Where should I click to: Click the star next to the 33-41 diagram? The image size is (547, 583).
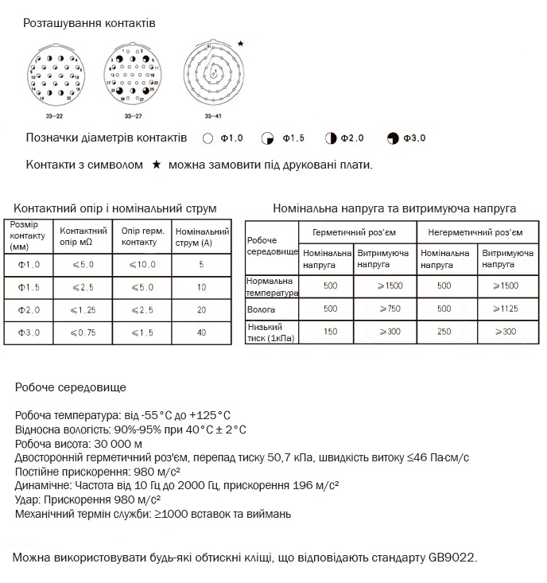[241, 44]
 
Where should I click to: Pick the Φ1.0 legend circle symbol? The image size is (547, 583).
[208, 138]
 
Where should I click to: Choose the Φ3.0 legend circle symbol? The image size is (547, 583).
[392, 138]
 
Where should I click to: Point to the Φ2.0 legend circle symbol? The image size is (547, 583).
[330, 138]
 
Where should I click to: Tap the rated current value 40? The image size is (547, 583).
[201, 332]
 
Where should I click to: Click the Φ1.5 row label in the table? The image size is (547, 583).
[29, 286]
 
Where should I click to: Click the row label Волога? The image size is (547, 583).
[263, 307]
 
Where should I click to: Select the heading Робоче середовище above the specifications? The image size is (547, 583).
[70, 387]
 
